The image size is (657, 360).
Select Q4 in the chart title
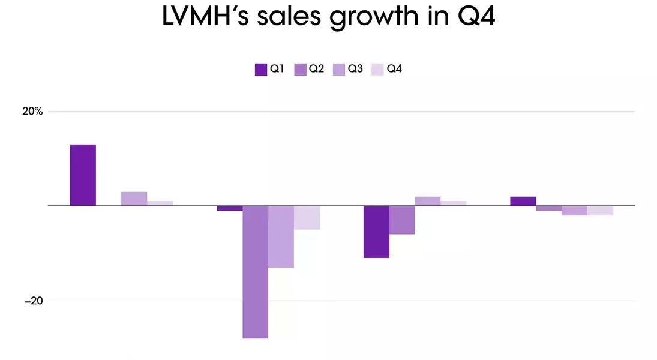pos(473,17)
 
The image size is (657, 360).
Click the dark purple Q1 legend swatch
pos(260,69)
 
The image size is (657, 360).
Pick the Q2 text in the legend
pos(316,69)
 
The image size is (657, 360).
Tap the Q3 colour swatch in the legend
pos(338,69)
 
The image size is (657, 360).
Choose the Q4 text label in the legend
pos(394,69)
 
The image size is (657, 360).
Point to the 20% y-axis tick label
pos(33,111)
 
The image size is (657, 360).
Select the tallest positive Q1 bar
pos(83,175)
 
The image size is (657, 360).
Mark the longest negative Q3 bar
pos(281,236)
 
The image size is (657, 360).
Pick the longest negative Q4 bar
pos(307,217)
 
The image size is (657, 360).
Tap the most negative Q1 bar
pos(376,232)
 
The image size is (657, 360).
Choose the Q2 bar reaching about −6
pos(402,220)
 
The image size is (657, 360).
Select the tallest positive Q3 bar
pos(134,199)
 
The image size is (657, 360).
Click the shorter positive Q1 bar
pos(523,201)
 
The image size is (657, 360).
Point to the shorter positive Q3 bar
pos(427,201)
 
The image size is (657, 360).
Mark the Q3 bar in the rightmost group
pos(574,211)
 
